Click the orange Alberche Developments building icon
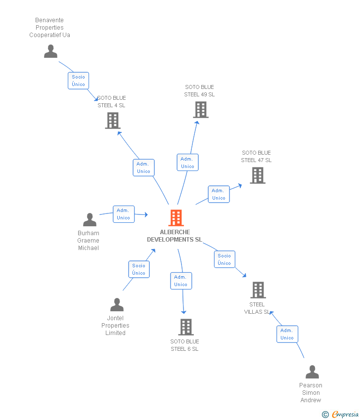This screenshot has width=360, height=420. [x=176, y=218]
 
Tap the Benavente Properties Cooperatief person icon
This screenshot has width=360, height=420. [x=50, y=51]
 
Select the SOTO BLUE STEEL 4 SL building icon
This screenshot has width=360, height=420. [x=113, y=121]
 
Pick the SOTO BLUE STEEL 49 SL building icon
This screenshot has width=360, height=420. [x=200, y=110]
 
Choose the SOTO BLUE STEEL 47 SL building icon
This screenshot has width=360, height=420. [x=257, y=175]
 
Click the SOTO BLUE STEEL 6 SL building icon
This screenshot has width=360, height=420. [x=185, y=327]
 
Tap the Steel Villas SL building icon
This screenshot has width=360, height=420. [x=258, y=290]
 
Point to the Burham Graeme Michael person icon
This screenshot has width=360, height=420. [x=90, y=219]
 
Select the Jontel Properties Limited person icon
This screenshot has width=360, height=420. [x=117, y=305]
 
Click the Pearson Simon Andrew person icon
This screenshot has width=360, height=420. [x=312, y=372]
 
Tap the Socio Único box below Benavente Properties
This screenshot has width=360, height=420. [x=78, y=81]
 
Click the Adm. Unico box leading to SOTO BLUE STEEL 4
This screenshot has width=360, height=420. [x=143, y=168]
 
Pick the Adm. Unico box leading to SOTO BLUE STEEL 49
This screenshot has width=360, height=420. [x=187, y=163]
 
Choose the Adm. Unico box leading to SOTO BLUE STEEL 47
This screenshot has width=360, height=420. [x=219, y=194]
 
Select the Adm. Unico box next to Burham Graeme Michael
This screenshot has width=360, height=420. [x=123, y=214]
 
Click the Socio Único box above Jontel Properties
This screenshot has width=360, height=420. [x=139, y=269]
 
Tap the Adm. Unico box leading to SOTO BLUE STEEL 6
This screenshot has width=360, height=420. [x=180, y=281]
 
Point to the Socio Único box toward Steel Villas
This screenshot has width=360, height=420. [x=225, y=259]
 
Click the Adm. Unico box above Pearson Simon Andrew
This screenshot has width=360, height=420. [x=287, y=334]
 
